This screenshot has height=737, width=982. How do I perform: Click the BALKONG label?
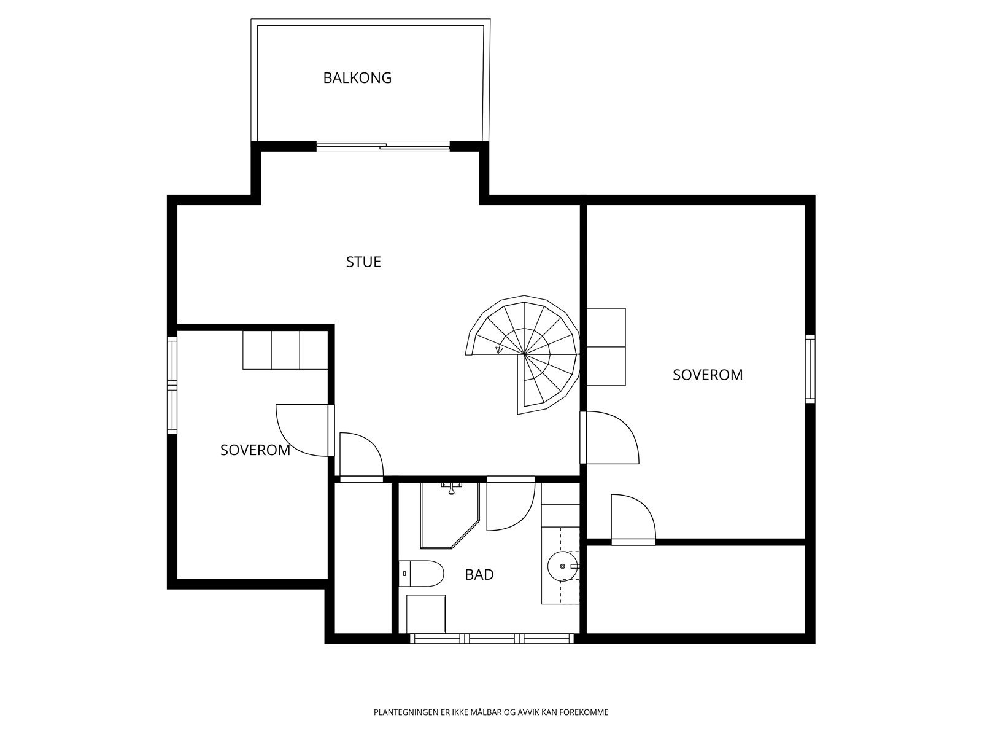pyautogui.click(x=357, y=78)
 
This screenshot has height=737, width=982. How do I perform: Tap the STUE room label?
pyautogui.click(x=363, y=262)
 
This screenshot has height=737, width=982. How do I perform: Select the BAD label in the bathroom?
pyautogui.click(x=479, y=575)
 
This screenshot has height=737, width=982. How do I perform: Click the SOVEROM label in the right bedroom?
pyautogui.click(x=708, y=375)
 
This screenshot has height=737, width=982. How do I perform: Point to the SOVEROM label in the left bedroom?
pyautogui.click(x=255, y=450)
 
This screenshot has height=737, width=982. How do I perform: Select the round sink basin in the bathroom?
pyautogui.click(x=561, y=566)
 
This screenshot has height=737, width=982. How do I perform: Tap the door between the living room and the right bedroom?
pyautogui.click(x=610, y=437)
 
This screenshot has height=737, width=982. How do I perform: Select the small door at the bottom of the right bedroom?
pyautogui.click(x=632, y=519)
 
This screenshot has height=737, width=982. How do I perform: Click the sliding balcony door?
pyautogui.click(x=384, y=146)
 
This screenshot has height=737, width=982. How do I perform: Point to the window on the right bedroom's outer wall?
pyautogui.click(x=810, y=368)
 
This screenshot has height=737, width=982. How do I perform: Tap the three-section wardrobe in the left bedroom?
pyautogui.click(x=285, y=350)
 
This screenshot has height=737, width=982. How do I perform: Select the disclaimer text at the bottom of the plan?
pyautogui.click(x=491, y=712)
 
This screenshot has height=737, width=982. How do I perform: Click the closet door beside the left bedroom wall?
pyautogui.click(x=361, y=458)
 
